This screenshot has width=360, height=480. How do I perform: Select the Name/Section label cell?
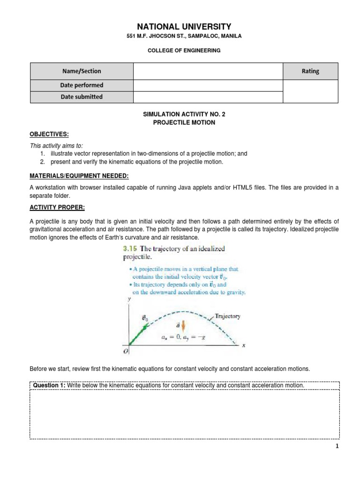(x=82, y=71)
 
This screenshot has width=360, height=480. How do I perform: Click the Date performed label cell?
(x=82, y=85)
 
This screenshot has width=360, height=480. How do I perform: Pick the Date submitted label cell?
(x=82, y=97)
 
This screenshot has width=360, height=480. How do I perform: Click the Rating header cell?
(x=310, y=71)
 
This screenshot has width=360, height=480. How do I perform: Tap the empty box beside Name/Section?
(x=208, y=71)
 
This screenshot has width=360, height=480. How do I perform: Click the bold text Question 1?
(x=49, y=385)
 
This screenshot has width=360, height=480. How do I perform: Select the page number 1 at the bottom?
(x=337, y=447)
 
